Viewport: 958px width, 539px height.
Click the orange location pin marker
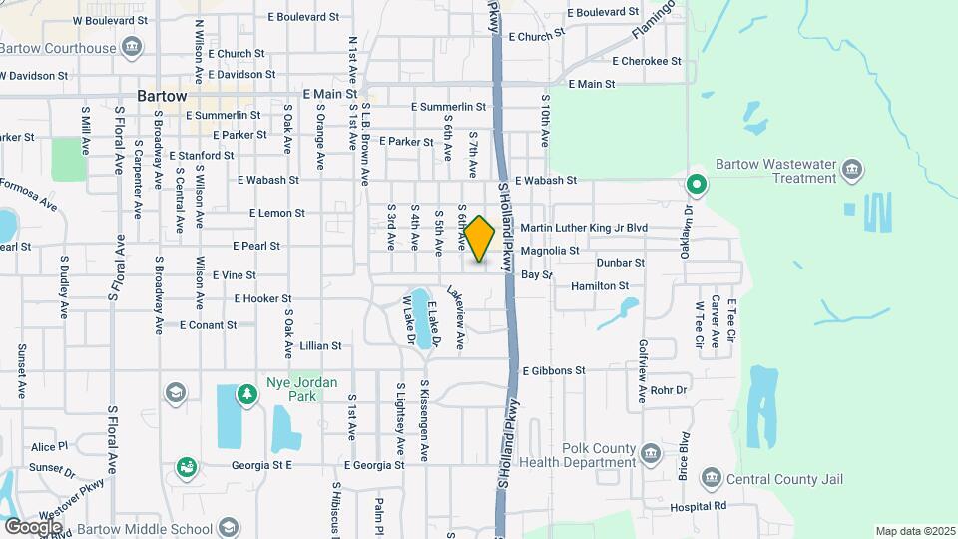[480, 239]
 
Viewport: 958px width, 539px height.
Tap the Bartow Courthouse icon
[131, 47]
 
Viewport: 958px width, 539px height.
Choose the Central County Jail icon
[711, 479]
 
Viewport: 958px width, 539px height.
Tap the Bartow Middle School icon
[228, 528]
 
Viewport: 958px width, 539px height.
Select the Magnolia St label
[550, 251]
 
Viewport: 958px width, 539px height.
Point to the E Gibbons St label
[552, 370]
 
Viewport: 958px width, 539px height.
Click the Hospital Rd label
[698, 507]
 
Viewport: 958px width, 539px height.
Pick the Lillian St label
[320, 346]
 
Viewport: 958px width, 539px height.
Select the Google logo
[33, 526]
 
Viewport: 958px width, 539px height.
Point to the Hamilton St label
[600, 286]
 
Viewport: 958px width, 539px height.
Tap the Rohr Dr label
[669, 390]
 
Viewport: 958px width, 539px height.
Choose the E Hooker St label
[262, 298]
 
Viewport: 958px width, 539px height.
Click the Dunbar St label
[621, 263]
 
